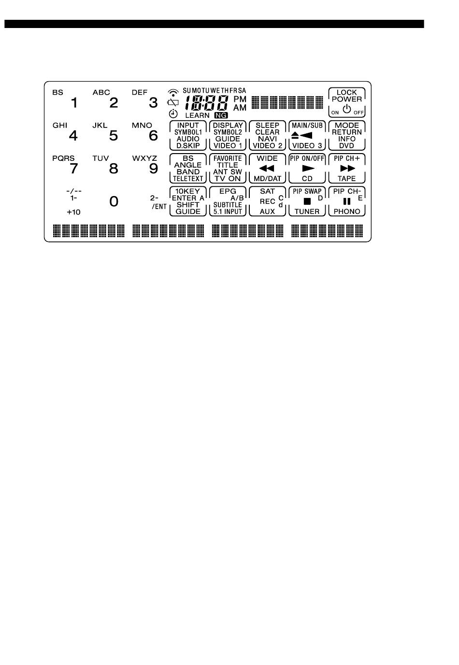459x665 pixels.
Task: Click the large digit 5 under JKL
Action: coord(114,136)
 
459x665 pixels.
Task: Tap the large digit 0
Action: coord(114,201)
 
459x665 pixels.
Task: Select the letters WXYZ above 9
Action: coord(144,158)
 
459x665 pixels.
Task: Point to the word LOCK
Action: coord(346,92)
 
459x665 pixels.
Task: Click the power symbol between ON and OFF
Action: coord(346,110)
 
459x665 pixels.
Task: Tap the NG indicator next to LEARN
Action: coord(221,115)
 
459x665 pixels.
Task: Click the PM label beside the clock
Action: coord(240,99)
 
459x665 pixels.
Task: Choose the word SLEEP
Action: coord(267,125)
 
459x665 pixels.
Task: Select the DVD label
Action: coord(346,145)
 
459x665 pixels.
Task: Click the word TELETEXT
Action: coord(188,179)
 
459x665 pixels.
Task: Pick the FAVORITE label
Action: coord(228,158)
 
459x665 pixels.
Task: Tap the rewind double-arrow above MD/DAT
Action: coord(267,169)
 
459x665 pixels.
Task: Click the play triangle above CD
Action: coord(307,169)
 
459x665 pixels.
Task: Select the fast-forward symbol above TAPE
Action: coord(347,169)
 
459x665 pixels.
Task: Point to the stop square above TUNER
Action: coord(307,201)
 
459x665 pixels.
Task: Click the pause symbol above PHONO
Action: coord(346,201)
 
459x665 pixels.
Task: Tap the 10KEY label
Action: coord(187,191)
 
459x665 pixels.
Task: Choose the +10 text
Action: coord(74,212)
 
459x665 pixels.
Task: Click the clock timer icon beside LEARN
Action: coord(173,114)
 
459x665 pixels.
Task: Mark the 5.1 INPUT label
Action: coord(228,212)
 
